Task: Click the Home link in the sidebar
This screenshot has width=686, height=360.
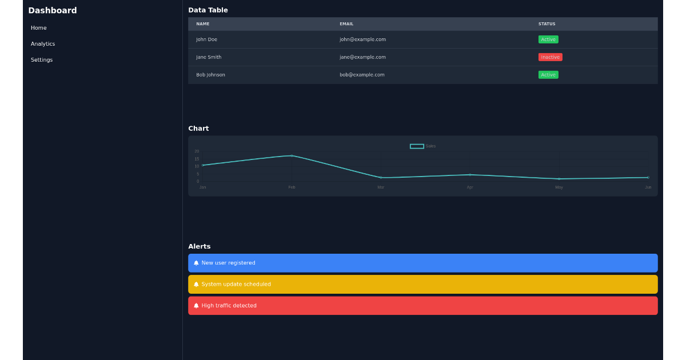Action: (x=39, y=28)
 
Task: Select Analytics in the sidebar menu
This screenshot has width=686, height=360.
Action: (x=43, y=44)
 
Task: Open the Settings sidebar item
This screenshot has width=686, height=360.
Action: (x=42, y=60)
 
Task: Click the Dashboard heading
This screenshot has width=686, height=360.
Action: (x=53, y=10)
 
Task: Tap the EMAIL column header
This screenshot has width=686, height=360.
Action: (x=346, y=24)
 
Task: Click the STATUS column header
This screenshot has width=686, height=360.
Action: (x=547, y=24)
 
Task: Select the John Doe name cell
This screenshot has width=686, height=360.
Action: (x=206, y=39)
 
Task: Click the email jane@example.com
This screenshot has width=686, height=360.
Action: (x=362, y=57)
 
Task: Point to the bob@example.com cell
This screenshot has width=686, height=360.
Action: (x=362, y=75)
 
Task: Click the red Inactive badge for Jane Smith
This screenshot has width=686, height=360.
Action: (x=550, y=57)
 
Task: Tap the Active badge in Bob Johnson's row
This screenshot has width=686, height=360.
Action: (x=548, y=75)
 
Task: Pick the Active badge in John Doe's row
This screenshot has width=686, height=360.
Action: (x=548, y=39)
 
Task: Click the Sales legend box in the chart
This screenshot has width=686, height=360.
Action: (x=417, y=146)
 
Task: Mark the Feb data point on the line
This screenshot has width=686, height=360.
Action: (x=292, y=155)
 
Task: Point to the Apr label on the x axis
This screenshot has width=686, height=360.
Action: (x=470, y=187)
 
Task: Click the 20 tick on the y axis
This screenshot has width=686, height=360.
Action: (x=197, y=151)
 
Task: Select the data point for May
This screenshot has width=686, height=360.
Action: (x=559, y=179)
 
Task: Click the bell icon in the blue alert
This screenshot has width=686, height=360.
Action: (x=196, y=263)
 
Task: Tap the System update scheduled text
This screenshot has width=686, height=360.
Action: (x=236, y=285)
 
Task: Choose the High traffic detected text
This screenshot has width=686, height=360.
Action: (x=229, y=306)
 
